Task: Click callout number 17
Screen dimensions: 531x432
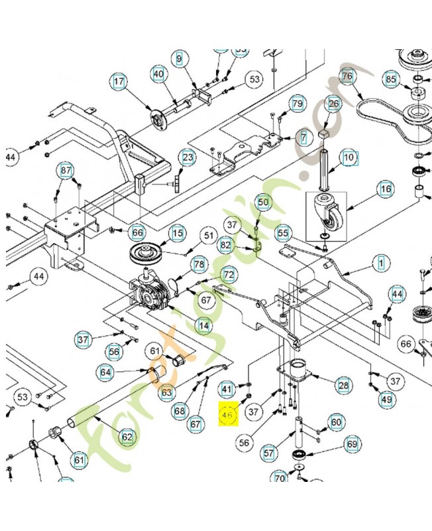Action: click(119, 83)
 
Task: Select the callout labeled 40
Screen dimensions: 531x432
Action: click(158, 74)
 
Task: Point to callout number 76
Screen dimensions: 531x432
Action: click(347, 76)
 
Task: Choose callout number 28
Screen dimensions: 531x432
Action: click(343, 385)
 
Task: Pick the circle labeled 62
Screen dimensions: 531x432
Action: click(127, 437)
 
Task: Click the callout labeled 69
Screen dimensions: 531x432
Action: click(352, 444)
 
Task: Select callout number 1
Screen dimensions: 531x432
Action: click(381, 264)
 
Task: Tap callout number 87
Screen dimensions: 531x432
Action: click(66, 171)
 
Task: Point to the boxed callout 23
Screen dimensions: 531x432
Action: click(188, 157)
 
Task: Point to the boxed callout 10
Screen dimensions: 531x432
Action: click(349, 158)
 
